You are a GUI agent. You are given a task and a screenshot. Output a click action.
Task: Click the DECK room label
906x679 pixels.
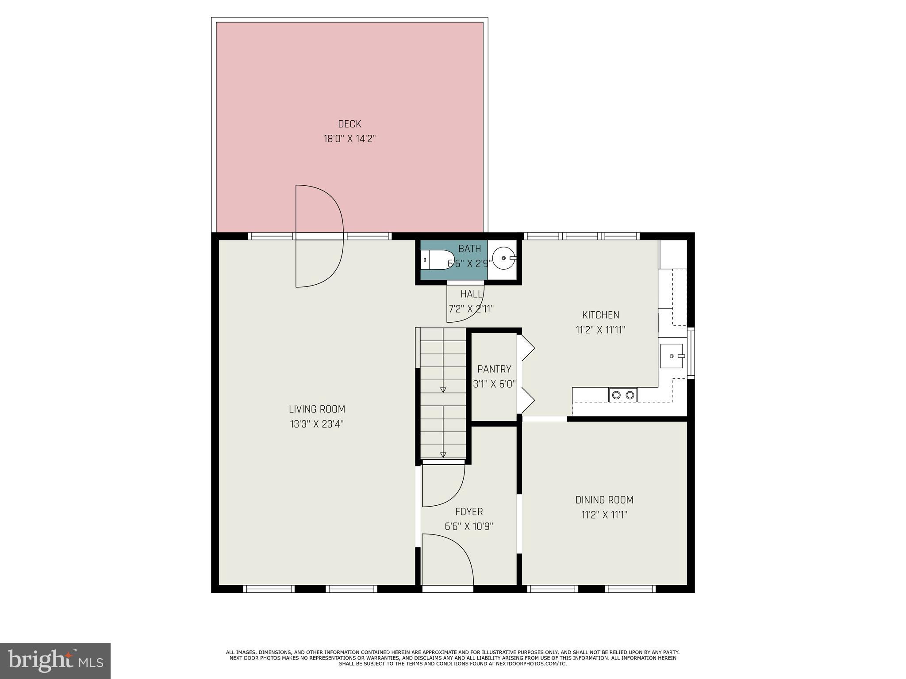click(349, 124)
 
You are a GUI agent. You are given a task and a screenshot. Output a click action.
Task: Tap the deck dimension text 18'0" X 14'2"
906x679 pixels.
click(349, 139)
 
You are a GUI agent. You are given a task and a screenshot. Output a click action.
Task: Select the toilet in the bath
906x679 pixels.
click(437, 259)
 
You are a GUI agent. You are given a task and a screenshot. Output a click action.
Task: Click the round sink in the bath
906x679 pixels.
click(504, 258)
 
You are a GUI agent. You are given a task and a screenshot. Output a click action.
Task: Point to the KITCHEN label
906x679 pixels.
click(600, 315)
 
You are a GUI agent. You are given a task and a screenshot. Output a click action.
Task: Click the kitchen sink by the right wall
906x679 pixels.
click(672, 356)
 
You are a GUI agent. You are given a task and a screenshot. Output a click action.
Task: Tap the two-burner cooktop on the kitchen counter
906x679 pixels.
click(623, 395)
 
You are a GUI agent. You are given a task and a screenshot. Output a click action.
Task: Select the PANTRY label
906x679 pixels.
click(494, 369)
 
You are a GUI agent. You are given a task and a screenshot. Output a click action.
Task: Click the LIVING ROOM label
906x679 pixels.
click(317, 409)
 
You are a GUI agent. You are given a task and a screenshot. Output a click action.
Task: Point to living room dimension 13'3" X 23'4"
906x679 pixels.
click(317, 424)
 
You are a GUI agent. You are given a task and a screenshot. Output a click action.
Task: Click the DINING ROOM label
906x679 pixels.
click(604, 500)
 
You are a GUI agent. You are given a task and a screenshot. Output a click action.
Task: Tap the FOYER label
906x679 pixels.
click(469, 512)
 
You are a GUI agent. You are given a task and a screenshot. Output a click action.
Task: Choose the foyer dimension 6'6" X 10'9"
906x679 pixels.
click(469, 526)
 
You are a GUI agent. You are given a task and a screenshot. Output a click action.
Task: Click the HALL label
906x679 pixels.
click(471, 294)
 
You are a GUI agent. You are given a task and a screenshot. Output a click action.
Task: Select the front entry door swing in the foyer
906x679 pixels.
click(447, 559)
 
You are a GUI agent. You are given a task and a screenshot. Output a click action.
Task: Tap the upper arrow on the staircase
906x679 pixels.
click(443, 389)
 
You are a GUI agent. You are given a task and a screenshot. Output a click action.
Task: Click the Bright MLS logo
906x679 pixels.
click(55, 660)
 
